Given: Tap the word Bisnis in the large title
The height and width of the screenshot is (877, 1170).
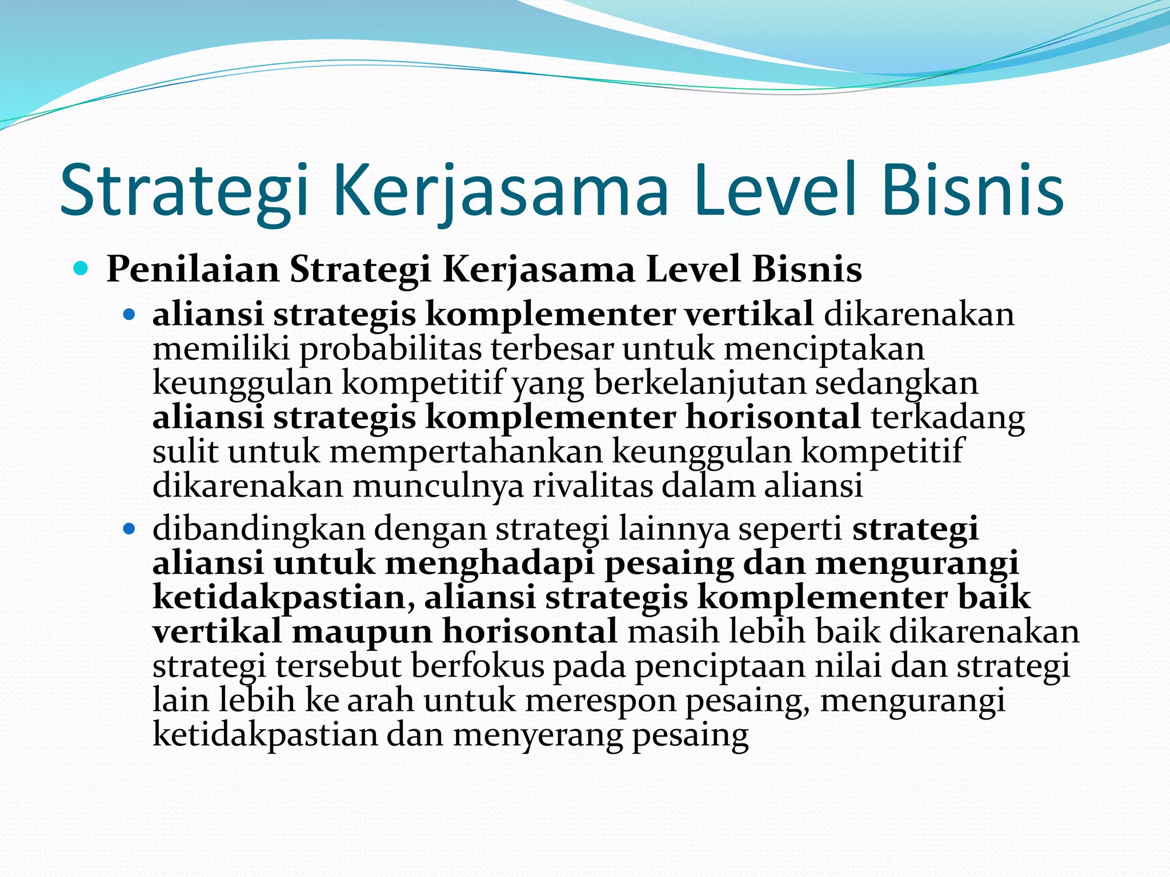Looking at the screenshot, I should coord(972,191).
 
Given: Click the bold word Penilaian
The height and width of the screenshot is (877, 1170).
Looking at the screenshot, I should coord(193,269).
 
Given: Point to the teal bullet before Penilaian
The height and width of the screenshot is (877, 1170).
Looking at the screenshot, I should coord(81,268).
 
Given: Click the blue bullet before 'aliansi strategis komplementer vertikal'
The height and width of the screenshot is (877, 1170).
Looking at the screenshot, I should coord(130,314).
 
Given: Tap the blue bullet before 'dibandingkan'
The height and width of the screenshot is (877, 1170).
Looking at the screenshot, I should coord(130,529).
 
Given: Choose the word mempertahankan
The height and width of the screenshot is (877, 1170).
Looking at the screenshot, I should coord(466,452).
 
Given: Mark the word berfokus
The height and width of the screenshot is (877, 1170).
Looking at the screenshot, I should coord(478,666).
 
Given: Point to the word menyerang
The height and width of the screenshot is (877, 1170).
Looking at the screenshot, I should coord(538,735).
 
